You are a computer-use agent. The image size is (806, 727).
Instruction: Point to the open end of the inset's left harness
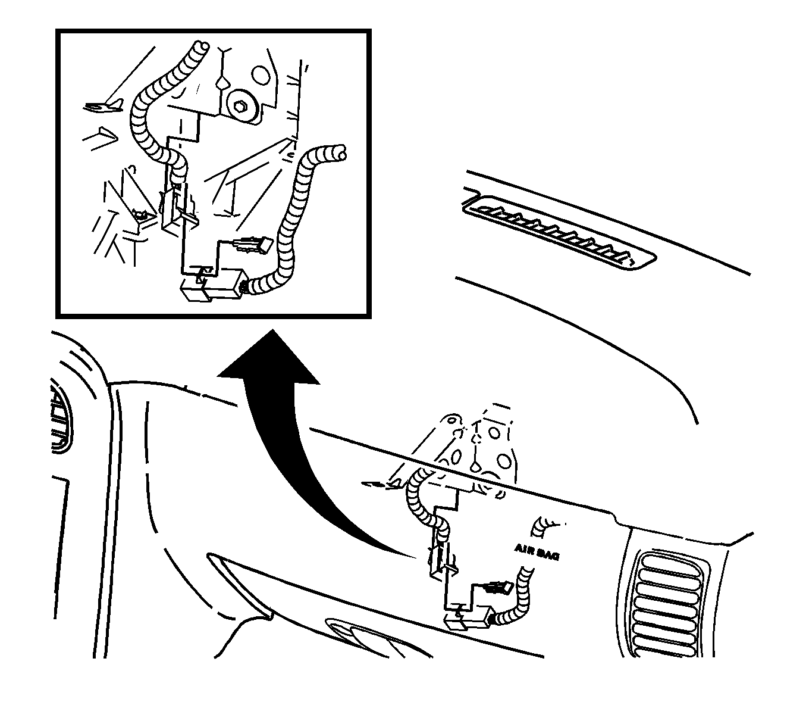pos(202,46)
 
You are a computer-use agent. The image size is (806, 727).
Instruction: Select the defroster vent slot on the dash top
pos(559,232)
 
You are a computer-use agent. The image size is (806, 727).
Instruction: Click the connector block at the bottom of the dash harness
pos(469,622)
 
